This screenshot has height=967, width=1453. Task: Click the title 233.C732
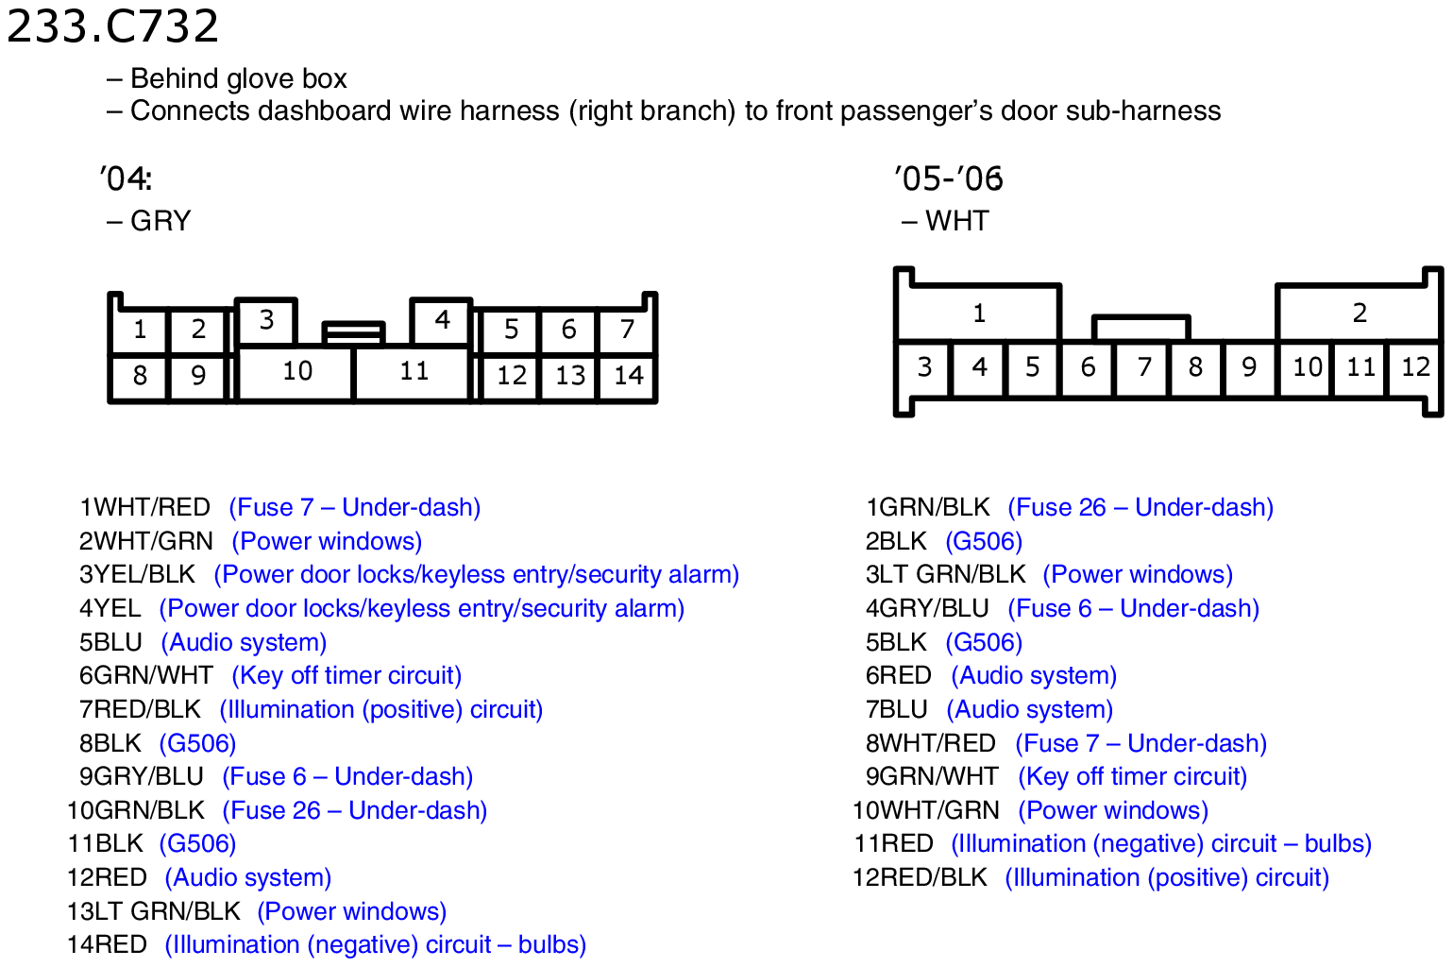coord(112,25)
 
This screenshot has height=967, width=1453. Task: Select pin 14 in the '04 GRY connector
coord(628,376)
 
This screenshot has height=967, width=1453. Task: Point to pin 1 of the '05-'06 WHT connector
coord(979,314)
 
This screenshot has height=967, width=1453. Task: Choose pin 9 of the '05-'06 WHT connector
coord(1249,367)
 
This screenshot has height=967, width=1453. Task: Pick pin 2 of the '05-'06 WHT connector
coord(1360,314)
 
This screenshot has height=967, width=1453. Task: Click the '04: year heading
coord(126,178)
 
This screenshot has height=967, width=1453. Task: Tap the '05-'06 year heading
coord(948,178)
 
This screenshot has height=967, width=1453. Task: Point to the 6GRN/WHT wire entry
coord(146,675)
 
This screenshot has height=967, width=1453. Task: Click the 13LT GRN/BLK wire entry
coord(154,911)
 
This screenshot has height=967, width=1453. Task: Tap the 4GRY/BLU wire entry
coord(927,608)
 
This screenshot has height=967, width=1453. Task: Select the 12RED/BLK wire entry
coord(920,877)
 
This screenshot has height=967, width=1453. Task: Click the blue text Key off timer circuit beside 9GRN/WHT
coord(1133,777)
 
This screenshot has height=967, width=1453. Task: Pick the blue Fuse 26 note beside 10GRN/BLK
coord(355,810)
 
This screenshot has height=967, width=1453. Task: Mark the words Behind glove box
coord(239,78)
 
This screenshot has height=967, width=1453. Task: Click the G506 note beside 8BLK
coord(198,743)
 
